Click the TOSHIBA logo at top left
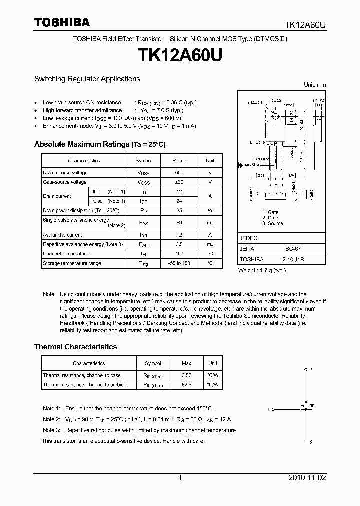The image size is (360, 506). [x=62, y=22]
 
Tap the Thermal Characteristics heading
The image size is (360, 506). [x=75, y=346]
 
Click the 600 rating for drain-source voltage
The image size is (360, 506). [x=179, y=172]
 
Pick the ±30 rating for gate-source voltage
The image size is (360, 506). [x=179, y=182]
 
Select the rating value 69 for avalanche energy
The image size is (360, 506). [x=179, y=223]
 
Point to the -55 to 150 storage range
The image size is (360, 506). [x=179, y=263]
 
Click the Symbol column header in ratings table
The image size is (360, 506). [x=143, y=161]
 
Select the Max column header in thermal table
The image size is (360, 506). [x=186, y=363]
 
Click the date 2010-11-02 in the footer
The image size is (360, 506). [x=307, y=478]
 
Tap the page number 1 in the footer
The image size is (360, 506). [x=179, y=478]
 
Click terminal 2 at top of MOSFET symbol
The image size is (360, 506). [x=310, y=369]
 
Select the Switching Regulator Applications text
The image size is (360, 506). [x=87, y=79]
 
